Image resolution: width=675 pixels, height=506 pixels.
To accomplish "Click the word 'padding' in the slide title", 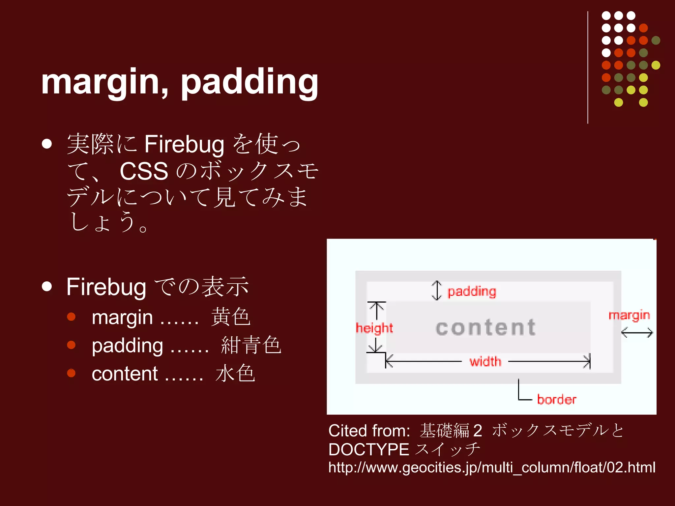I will pyautogui.click(x=249, y=82).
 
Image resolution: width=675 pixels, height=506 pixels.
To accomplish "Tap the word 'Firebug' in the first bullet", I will pyautogui.click(x=184, y=144).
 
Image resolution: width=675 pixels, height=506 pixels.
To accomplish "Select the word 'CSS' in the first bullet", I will pyautogui.click(x=144, y=171).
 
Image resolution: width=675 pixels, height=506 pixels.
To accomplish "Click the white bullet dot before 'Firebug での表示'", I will pyautogui.click(x=47, y=287).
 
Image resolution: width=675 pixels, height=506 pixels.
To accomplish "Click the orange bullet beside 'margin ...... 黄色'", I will pyautogui.click(x=71, y=317).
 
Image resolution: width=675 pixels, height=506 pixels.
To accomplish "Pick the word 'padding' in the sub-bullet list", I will pyautogui.click(x=127, y=346).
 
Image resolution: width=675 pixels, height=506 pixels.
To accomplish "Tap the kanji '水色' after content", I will pyautogui.click(x=235, y=374).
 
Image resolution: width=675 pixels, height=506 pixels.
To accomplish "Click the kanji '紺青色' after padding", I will pyautogui.click(x=251, y=346).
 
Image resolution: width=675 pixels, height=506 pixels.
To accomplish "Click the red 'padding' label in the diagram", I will pyautogui.click(x=472, y=292).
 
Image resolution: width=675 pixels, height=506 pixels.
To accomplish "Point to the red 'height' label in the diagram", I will pyautogui.click(x=374, y=328).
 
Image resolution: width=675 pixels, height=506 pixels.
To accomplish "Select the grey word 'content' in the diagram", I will pyautogui.click(x=486, y=327).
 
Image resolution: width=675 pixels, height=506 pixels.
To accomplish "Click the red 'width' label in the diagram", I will pyautogui.click(x=485, y=362).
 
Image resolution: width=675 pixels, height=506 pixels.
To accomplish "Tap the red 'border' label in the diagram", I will pyautogui.click(x=557, y=400).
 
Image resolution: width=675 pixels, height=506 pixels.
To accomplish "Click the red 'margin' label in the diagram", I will pyautogui.click(x=629, y=315).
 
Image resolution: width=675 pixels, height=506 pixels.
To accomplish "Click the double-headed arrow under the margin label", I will pyautogui.click(x=637, y=333).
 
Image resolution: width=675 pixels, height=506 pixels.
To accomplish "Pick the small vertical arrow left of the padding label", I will pyautogui.click(x=437, y=291).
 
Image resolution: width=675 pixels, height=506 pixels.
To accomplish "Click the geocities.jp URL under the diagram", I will pyautogui.click(x=491, y=467).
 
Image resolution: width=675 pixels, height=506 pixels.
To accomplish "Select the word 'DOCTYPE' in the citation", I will pyautogui.click(x=368, y=449).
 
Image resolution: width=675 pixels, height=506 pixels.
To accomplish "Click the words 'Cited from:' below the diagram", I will pyautogui.click(x=369, y=431).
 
